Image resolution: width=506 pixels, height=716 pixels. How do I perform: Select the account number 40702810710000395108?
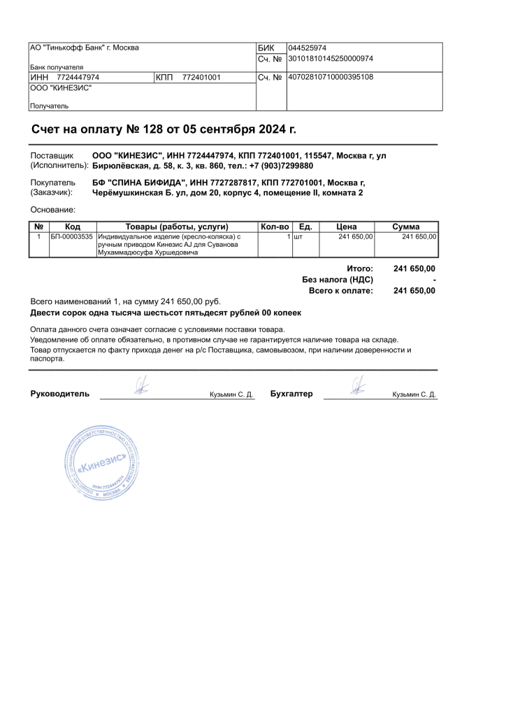(331, 77)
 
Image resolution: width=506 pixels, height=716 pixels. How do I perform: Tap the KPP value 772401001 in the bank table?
(201, 77)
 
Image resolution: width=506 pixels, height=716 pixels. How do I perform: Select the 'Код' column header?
(73, 227)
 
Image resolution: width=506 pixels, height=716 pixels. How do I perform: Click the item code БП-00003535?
(72, 237)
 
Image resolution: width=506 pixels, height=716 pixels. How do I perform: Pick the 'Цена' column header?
(347, 227)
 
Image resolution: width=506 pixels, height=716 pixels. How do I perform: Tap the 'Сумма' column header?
(405, 227)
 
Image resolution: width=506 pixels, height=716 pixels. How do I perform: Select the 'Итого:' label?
(360, 268)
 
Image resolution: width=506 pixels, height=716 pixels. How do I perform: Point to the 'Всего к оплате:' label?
(341, 291)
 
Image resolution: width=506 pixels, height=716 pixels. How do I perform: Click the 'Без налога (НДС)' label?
(338, 280)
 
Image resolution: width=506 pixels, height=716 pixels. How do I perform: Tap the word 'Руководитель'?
(60, 394)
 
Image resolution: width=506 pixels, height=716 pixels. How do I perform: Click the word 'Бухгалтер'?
(291, 394)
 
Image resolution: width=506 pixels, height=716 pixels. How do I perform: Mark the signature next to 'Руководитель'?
(143, 385)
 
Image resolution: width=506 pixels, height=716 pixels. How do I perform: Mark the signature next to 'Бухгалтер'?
(358, 385)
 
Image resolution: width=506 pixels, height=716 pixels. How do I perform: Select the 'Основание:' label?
(53, 210)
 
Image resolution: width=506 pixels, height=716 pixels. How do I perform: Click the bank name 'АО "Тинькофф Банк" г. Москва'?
(84, 48)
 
